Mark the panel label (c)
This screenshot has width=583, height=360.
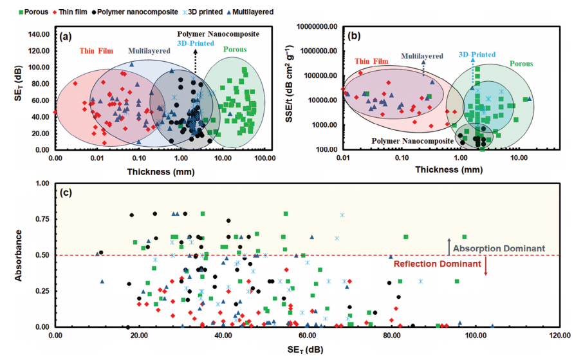click(x=65, y=192)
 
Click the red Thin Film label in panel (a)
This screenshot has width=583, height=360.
click(x=95, y=51)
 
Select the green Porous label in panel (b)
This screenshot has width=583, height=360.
click(x=519, y=63)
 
